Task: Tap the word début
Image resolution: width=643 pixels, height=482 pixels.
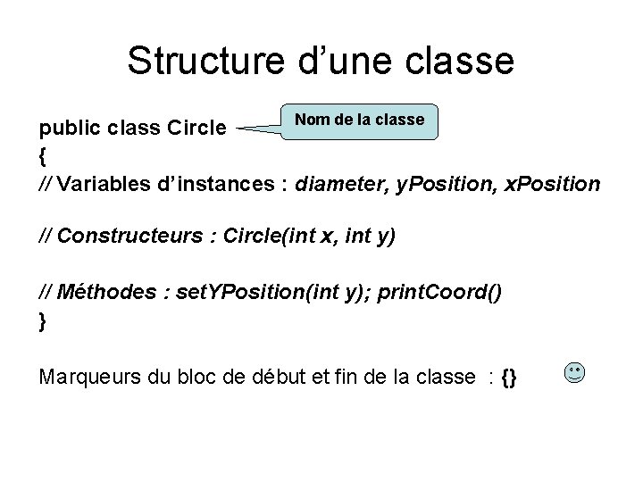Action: (298, 377)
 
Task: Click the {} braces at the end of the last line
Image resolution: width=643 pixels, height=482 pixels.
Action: (509, 377)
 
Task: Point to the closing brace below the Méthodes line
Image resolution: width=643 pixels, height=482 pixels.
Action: (43, 320)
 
